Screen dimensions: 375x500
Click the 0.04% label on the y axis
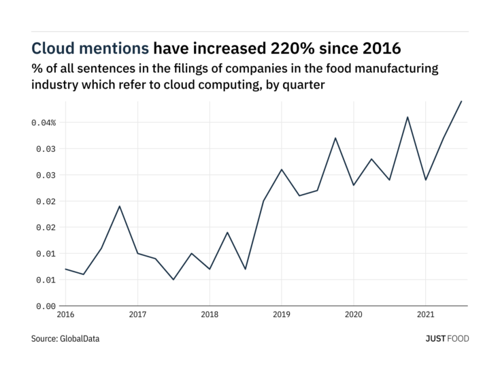click(42, 123)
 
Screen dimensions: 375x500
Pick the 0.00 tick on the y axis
click(45, 306)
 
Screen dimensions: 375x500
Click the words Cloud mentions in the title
click(90, 48)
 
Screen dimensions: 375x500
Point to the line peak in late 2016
click(120, 206)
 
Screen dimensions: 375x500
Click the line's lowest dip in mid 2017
click(173, 280)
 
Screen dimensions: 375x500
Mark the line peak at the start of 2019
click(282, 169)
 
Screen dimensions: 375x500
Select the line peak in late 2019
click(335, 138)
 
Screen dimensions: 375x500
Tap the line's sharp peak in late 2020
click(407, 117)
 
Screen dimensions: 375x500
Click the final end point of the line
click(461, 101)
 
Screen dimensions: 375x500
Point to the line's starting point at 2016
click(66, 269)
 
